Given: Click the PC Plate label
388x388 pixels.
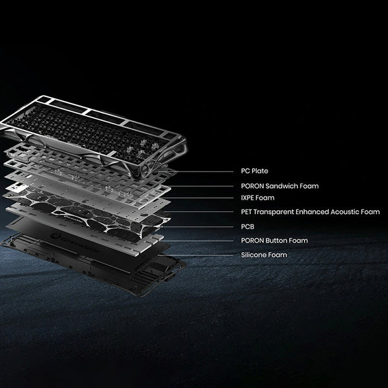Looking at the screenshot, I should pos(250,171).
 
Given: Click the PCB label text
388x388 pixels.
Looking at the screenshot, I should pos(246,226).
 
